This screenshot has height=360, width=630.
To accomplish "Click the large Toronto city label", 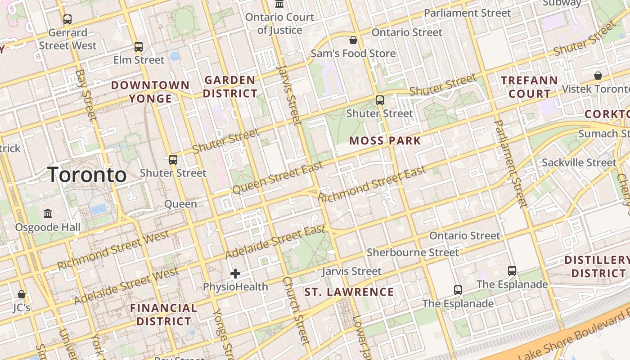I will pyautogui.click(x=87, y=175).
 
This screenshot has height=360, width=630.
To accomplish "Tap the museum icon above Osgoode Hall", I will pyautogui.click(x=48, y=213).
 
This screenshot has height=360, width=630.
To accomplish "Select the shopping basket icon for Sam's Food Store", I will pyautogui.click(x=353, y=40).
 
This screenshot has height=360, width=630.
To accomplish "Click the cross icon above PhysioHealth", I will pyautogui.click(x=235, y=274).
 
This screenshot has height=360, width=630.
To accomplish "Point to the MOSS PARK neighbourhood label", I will pyautogui.click(x=385, y=141).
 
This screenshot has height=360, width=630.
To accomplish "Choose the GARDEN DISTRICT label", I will pyautogui.click(x=230, y=87).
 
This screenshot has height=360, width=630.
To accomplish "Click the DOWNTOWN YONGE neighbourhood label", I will pyautogui.click(x=150, y=92).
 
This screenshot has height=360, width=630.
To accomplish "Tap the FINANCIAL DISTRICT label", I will pyautogui.click(x=164, y=315).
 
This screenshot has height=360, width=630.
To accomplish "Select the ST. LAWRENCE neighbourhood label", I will pyautogui.click(x=349, y=292).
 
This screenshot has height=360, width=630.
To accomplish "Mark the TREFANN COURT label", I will pyautogui.click(x=529, y=87).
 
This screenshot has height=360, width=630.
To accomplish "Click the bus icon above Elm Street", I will pyautogui.click(x=139, y=47).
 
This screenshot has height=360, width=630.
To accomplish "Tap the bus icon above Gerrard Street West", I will pyautogui.click(x=67, y=19).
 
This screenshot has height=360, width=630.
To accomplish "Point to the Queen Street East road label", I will pyautogui.click(x=278, y=178).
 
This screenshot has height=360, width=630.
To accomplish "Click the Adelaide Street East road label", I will pyautogui.click(x=275, y=242).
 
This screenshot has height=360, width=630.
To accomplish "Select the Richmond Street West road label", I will pyautogui.click(x=113, y=250).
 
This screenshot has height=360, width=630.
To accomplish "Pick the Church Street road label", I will pyautogui.click(x=297, y=310).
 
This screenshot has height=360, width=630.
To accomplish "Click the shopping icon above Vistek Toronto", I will pyautogui.click(x=598, y=76).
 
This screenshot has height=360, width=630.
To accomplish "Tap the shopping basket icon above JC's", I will pyautogui.click(x=21, y=294).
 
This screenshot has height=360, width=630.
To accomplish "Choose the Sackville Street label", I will pyautogui.click(x=579, y=162).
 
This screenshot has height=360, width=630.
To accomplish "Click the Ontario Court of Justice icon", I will pyautogui.click(x=279, y=4).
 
